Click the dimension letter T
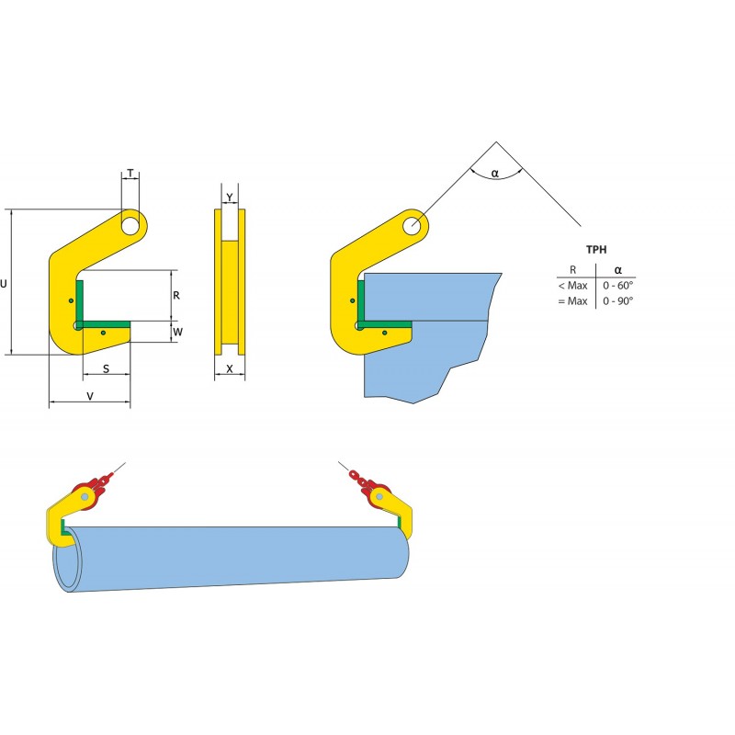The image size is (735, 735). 130,174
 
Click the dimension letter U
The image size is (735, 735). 4,284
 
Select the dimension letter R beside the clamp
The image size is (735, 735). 176,295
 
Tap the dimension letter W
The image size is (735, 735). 178,332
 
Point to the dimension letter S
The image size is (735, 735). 106,369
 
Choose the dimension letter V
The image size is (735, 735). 90,396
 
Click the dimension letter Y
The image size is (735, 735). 230,198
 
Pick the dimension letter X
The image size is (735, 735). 230,369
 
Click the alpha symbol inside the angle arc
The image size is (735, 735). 495,174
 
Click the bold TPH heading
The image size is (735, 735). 596,249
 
